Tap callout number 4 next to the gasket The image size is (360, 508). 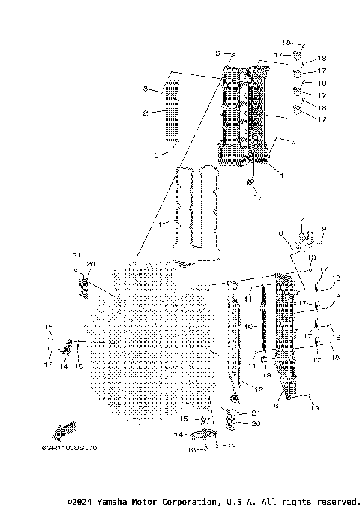(159, 224)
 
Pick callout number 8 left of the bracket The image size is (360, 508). (280, 234)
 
